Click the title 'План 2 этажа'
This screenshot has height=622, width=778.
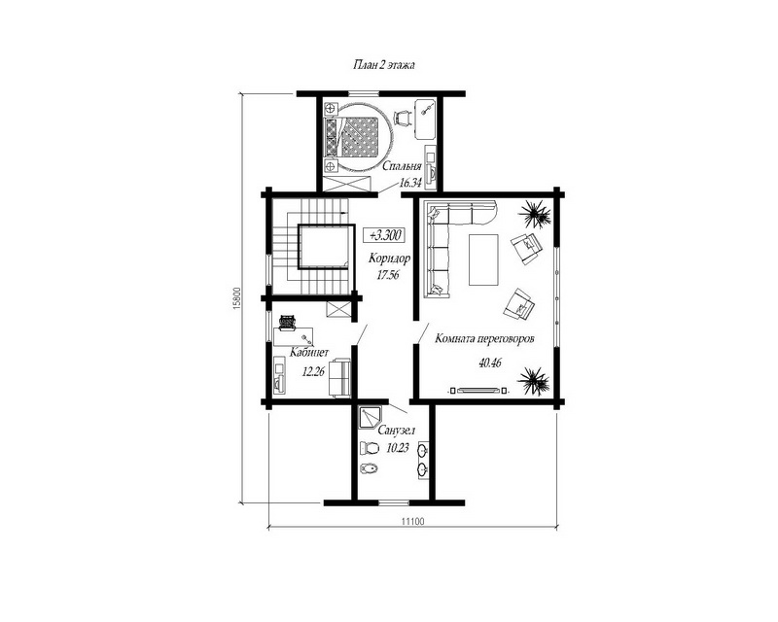tap(383, 65)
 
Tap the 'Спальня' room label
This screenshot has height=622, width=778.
tap(402, 166)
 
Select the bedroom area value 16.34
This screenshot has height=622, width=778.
tap(409, 183)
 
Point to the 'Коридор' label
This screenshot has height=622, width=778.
tap(390, 259)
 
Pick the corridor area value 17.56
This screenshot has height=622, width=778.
tap(388, 275)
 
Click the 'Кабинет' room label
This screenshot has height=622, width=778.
tap(309, 353)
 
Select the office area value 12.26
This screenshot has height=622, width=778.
tap(313, 371)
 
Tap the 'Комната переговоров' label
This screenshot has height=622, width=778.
tap(484, 339)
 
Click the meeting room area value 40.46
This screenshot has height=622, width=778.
tap(490, 363)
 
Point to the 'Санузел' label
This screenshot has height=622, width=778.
tap(397, 430)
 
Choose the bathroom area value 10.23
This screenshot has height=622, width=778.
tap(398, 448)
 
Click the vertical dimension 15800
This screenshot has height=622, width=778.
tap(236, 298)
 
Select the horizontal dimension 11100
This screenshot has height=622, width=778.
tap(412, 521)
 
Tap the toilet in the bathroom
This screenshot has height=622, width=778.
tap(368, 447)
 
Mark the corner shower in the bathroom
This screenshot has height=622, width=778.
tap(368, 419)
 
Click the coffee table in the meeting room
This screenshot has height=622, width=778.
tap(483, 259)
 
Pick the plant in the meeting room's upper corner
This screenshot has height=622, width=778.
tap(534, 214)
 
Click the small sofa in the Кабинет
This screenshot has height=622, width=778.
tap(339, 377)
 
